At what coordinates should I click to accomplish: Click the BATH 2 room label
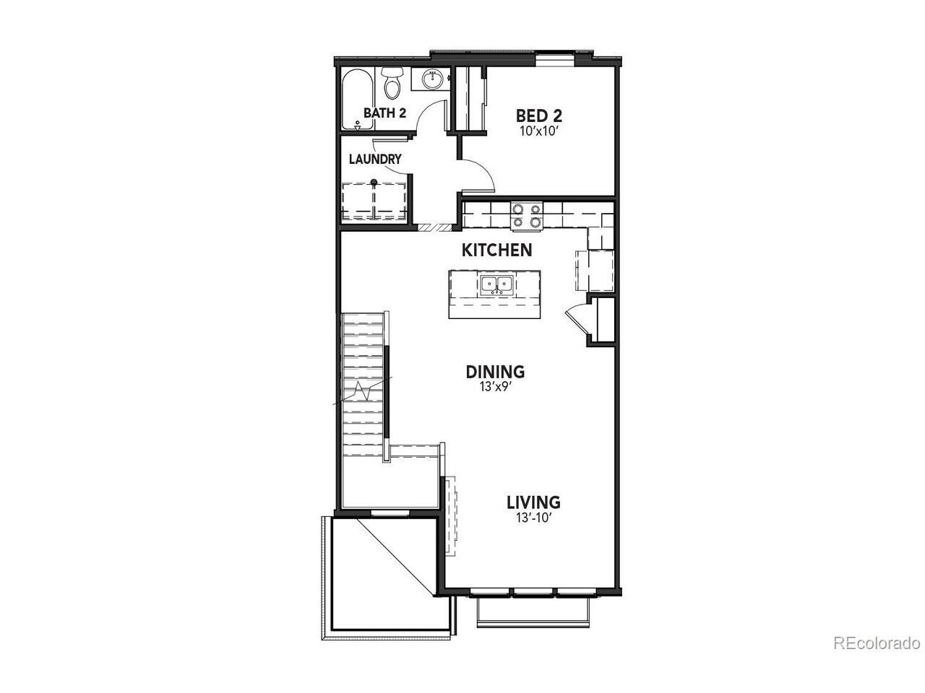point(384,113)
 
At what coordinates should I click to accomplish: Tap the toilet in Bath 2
point(392,84)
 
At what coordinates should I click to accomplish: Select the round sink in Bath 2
point(432,79)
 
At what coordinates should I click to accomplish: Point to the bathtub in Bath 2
point(357,100)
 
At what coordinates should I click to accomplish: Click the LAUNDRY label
point(375,159)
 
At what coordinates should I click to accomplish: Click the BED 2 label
point(538,115)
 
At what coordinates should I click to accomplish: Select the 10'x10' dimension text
point(539,131)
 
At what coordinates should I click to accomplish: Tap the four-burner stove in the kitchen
point(526,217)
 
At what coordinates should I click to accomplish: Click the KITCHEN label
point(497,250)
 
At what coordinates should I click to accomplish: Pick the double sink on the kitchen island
point(497,286)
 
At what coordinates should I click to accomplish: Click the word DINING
point(495,372)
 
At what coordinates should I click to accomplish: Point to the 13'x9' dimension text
point(495,387)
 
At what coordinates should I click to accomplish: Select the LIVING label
point(533,502)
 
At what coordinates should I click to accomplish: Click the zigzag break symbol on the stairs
point(363,391)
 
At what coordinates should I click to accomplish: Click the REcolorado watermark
point(877,655)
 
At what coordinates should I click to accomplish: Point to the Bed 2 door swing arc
point(485,170)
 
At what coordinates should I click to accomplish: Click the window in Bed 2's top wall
point(554,59)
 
